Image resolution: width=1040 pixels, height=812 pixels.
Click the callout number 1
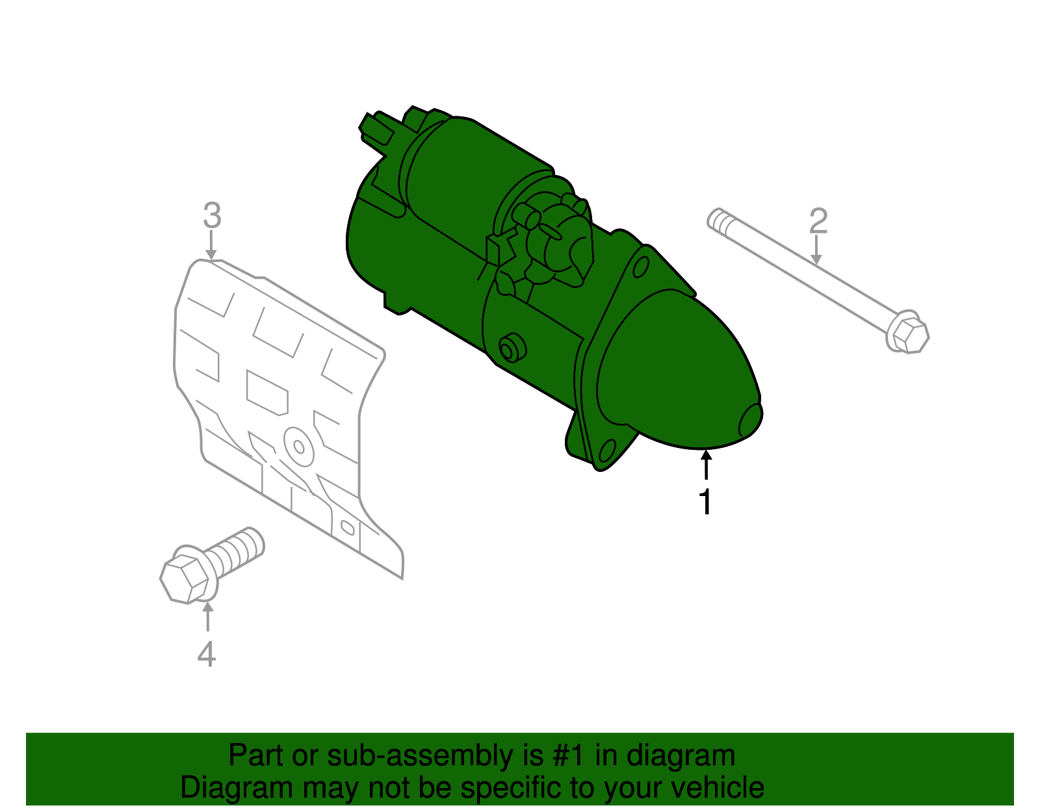click(705, 502)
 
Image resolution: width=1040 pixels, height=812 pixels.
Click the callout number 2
click(818, 221)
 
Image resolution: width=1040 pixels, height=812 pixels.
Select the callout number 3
click(212, 215)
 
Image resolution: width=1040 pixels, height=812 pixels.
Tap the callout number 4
click(206, 654)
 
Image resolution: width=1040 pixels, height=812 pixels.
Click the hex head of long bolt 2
click(908, 334)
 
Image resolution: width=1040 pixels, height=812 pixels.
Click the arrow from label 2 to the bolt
click(816, 251)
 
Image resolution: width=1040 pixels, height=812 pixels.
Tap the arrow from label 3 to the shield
click(211, 246)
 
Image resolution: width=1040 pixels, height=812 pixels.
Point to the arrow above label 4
click(207, 617)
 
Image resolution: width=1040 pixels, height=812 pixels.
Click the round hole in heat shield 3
click(299, 447)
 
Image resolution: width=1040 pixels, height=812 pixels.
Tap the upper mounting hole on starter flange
click(640, 267)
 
